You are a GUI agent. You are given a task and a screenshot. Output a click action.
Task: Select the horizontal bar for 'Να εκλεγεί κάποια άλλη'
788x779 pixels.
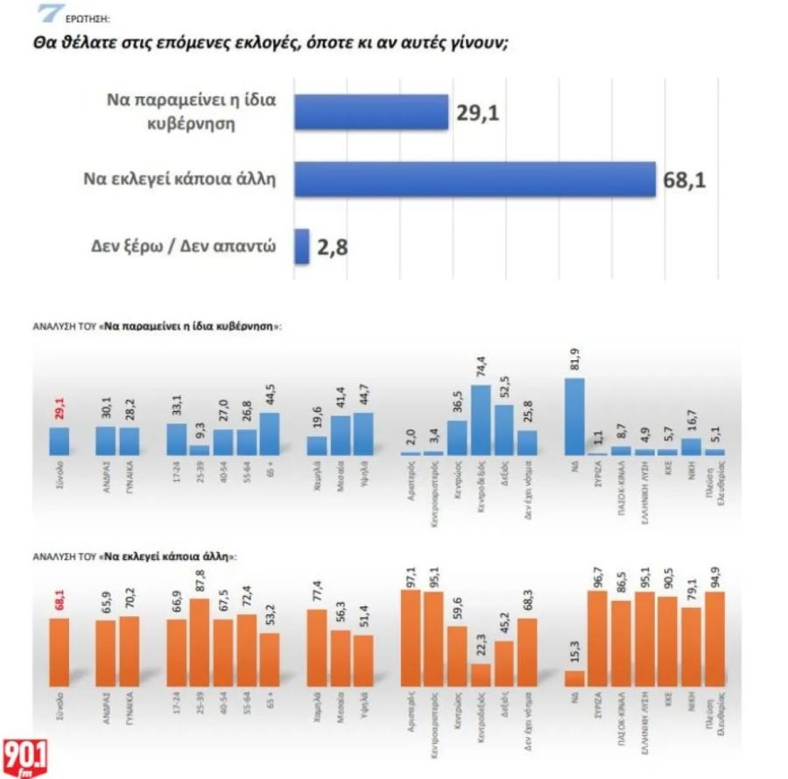[474, 180]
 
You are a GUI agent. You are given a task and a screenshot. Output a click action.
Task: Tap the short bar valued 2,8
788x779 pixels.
[301, 246]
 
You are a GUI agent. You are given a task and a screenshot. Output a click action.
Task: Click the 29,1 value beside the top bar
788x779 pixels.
[478, 112]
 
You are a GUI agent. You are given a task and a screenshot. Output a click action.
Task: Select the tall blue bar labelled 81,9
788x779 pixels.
[575, 416]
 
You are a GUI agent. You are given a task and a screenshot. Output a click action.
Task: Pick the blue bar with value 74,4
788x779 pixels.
[481, 420]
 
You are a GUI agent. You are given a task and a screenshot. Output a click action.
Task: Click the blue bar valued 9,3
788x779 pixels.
[200, 450]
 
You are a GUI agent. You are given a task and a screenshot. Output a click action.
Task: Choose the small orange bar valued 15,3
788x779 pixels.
[575, 679]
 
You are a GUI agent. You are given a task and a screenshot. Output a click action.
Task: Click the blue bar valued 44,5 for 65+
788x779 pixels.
[270, 434]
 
